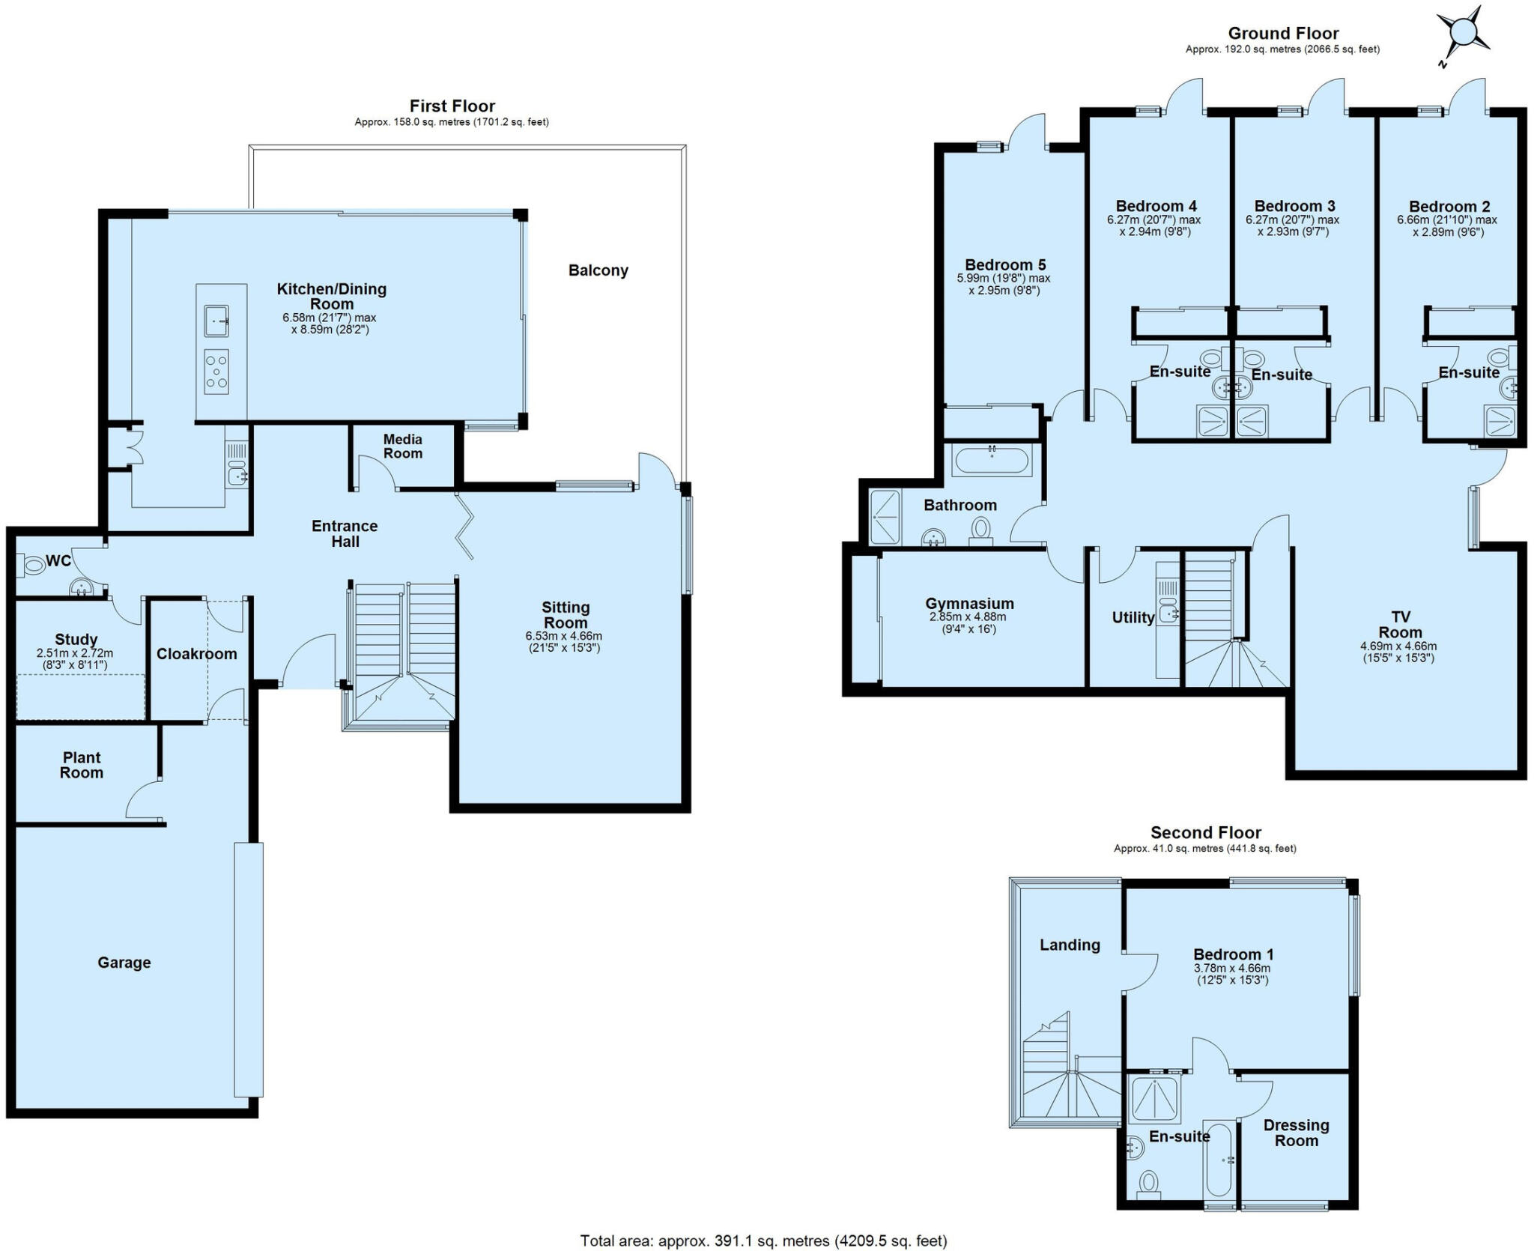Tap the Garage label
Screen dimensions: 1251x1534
tap(124, 963)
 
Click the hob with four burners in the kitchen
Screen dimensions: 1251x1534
tap(216, 372)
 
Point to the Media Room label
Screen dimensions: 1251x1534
tap(403, 446)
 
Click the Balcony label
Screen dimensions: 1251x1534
tap(598, 270)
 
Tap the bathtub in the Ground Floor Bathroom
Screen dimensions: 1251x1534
tap(992, 460)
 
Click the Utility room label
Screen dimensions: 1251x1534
tap(1133, 618)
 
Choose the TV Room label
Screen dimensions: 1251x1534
tap(1400, 624)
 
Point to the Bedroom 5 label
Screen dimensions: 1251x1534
tap(1004, 264)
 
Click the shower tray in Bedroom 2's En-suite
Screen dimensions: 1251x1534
tap(1500, 421)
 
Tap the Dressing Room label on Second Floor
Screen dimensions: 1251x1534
tap(1296, 1133)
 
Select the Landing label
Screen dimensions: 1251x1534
tap(1069, 945)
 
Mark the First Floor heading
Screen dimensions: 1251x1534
tap(452, 106)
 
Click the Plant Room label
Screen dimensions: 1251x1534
tap(82, 765)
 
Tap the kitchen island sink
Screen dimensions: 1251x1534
tap(216, 321)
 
